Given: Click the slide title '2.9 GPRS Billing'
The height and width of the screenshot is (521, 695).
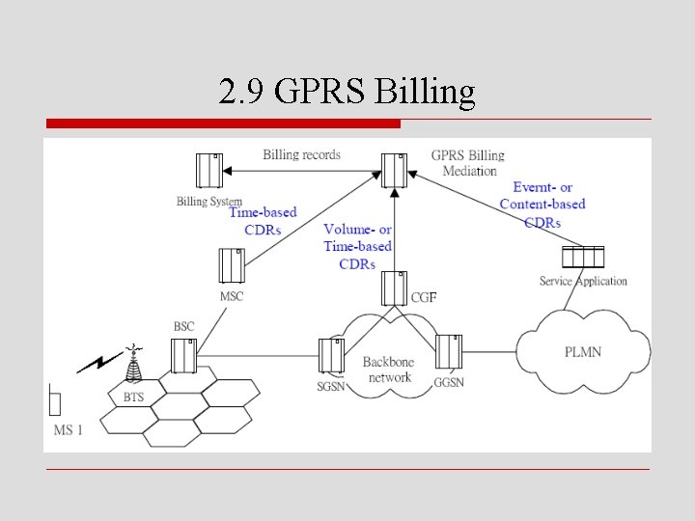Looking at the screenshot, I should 347,93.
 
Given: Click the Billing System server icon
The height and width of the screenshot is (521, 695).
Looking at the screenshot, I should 209,171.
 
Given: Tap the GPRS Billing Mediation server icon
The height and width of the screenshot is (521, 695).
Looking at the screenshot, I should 394,171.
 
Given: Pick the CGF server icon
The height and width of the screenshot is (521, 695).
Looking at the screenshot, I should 393,288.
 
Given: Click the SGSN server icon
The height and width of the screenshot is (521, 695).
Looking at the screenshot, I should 331,356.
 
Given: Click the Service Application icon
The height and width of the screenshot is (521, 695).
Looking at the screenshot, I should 583,258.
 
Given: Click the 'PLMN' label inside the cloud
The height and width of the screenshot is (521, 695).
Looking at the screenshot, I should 582,352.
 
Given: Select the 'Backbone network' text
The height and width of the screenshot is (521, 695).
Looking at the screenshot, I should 389,370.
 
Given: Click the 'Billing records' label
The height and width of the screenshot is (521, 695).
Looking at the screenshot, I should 301,154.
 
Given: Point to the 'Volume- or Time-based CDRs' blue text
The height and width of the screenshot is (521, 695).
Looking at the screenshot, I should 357,246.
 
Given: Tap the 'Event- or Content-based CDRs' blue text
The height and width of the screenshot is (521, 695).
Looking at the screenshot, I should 542,205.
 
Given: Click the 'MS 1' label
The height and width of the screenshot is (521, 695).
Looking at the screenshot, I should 68,429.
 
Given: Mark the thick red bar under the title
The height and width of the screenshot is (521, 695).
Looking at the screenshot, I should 223,123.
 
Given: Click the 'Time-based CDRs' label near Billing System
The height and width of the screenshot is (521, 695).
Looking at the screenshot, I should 263,221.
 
